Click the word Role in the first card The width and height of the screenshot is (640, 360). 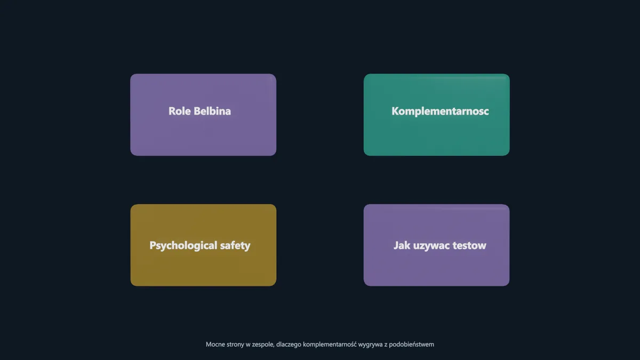pyautogui.click(x=179, y=111)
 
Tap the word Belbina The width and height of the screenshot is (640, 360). pyautogui.click(x=212, y=111)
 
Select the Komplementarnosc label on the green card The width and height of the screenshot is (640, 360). pyautogui.click(x=440, y=111)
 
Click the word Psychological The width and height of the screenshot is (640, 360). pyautogui.click(x=183, y=245)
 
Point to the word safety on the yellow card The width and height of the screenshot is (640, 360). pyautogui.click(x=235, y=245)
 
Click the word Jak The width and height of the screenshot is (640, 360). pyautogui.click(x=402, y=245)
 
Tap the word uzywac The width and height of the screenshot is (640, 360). pyautogui.click(x=431, y=246)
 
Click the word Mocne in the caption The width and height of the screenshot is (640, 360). pyautogui.click(x=214, y=345)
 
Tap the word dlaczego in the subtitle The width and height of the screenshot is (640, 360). pyautogui.click(x=289, y=345)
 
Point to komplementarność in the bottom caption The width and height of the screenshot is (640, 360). pyautogui.click(x=330, y=345)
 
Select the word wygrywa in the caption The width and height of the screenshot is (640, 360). pyautogui.click(x=370, y=345)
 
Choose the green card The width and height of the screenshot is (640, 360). pyautogui.click(x=437, y=115)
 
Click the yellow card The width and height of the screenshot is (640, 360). pyautogui.click(x=203, y=245)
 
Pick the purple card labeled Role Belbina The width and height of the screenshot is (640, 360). pyautogui.click(x=203, y=115)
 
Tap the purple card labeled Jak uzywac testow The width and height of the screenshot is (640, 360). pyautogui.click(x=437, y=245)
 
